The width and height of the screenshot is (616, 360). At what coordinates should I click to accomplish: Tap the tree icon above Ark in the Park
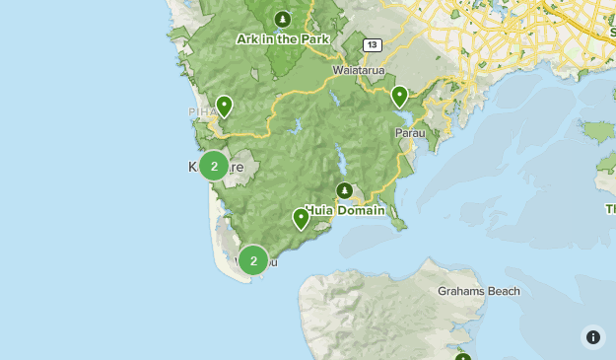(283, 19)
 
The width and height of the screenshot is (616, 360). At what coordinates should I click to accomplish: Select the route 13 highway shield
(372, 45)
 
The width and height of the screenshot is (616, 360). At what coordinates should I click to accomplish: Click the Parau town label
(409, 132)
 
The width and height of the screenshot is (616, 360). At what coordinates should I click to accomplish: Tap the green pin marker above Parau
(399, 96)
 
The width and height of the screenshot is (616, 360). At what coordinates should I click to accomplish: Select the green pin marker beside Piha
(225, 106)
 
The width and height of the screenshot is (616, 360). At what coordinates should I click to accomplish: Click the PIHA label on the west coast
(201, 112)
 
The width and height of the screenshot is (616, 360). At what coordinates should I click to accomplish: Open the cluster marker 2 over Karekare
(214, 166)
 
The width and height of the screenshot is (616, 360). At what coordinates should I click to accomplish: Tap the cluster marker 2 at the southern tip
(253, 260)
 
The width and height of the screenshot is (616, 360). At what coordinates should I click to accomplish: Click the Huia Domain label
(344, 210)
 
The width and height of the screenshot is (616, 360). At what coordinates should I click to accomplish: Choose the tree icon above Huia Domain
(344, 190)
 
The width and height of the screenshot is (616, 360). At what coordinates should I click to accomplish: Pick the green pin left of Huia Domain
(302, 218)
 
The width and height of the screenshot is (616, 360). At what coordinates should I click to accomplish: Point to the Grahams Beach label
(478, 291)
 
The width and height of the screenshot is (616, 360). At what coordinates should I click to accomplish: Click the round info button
(592, 336)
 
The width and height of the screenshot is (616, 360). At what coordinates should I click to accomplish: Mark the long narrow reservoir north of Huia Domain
(340, 158)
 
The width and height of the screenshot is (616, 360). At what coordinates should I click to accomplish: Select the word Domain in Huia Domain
(362, 210)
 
